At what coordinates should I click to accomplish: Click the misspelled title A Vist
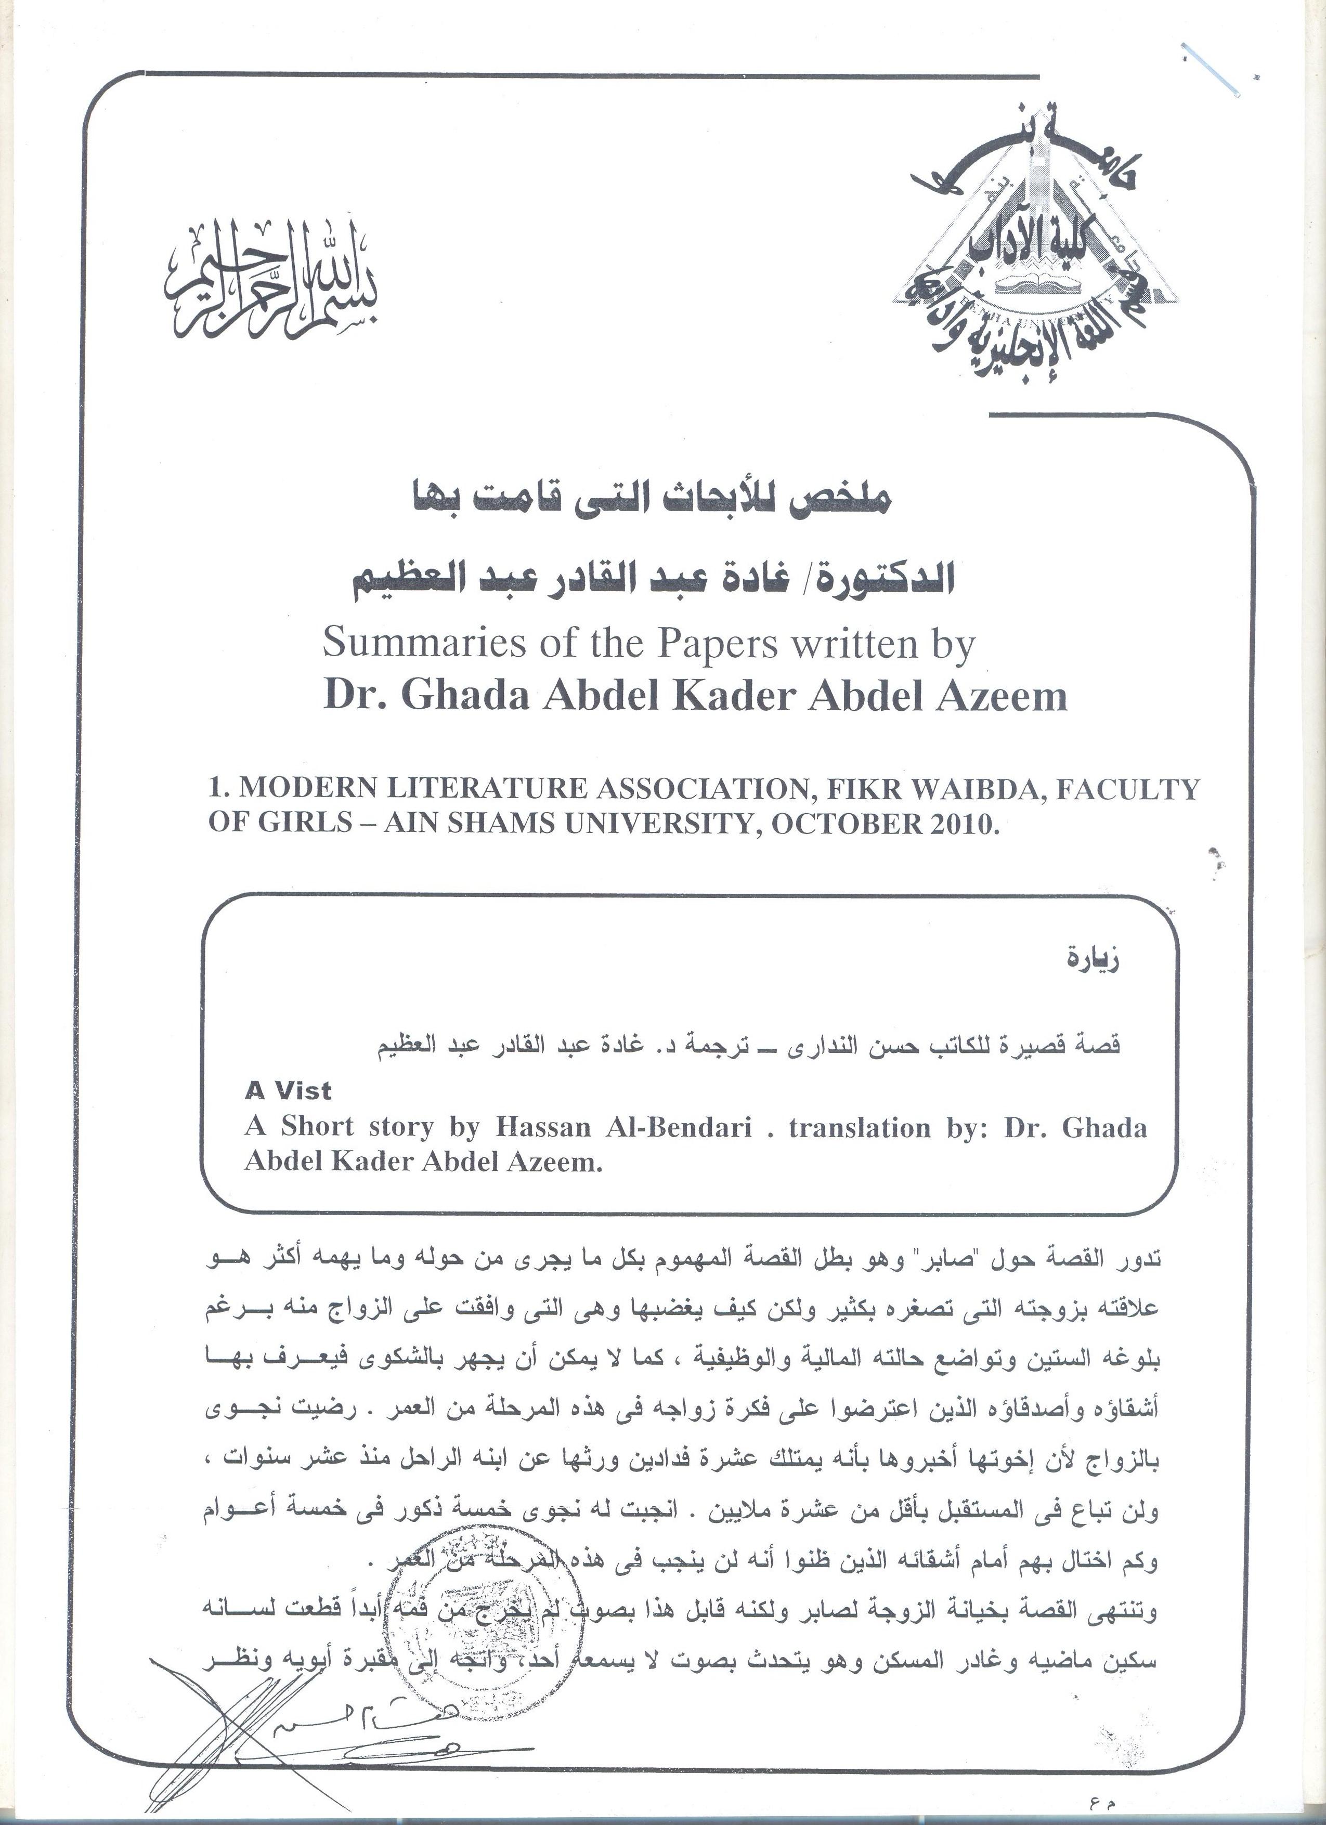pyautogui.click(x=288, y=1091)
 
